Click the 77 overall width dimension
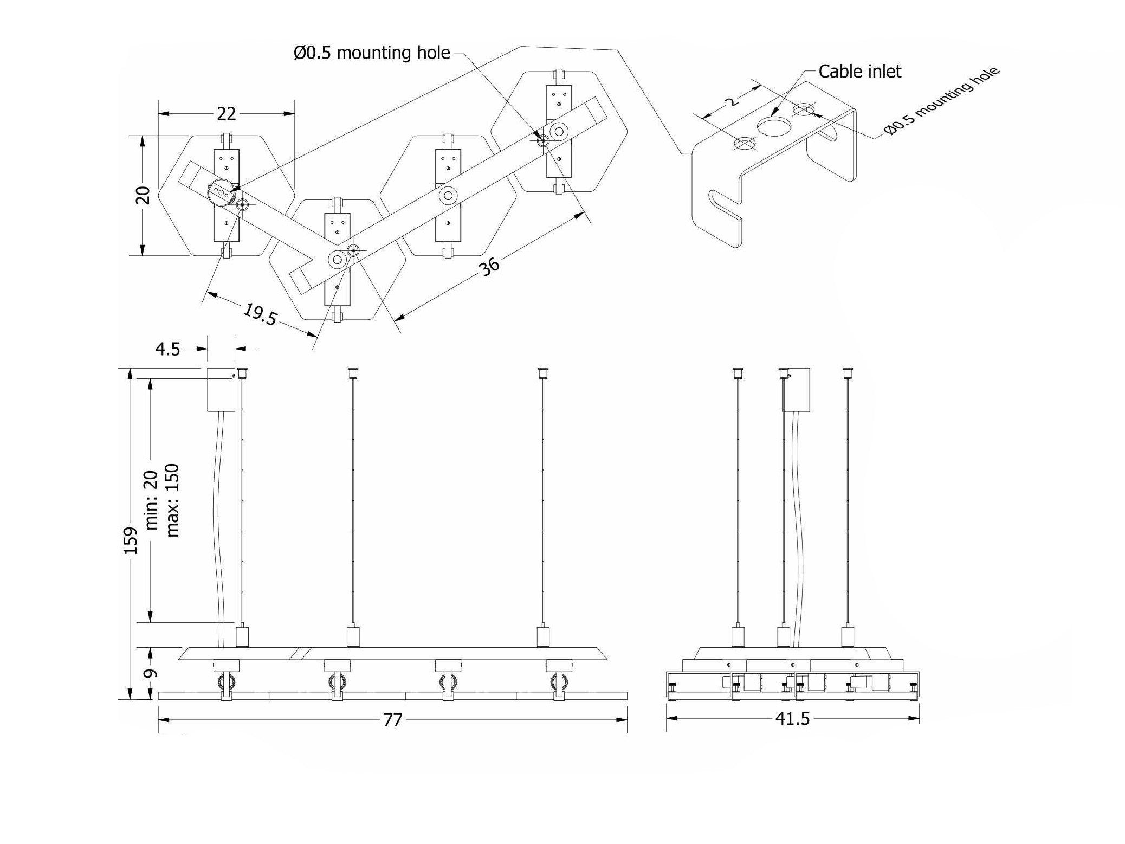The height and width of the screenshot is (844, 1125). click(392, 720)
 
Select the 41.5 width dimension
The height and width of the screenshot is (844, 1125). click(792, 719)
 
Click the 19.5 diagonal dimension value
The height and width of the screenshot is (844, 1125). click(260, 314)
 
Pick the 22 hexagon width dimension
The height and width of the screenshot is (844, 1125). click(227, 114)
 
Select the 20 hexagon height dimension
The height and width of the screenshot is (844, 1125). click(143, 195)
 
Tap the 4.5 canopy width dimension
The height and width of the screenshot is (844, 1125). click(167, 349)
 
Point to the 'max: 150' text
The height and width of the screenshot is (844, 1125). click(172, 500)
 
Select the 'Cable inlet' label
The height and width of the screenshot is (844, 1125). click(859, 71)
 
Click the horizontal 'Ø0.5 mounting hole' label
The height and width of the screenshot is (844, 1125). click(372, 53)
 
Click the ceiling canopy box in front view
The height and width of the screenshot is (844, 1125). click(221, 390)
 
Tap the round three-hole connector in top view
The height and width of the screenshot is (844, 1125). click(221, 192)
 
